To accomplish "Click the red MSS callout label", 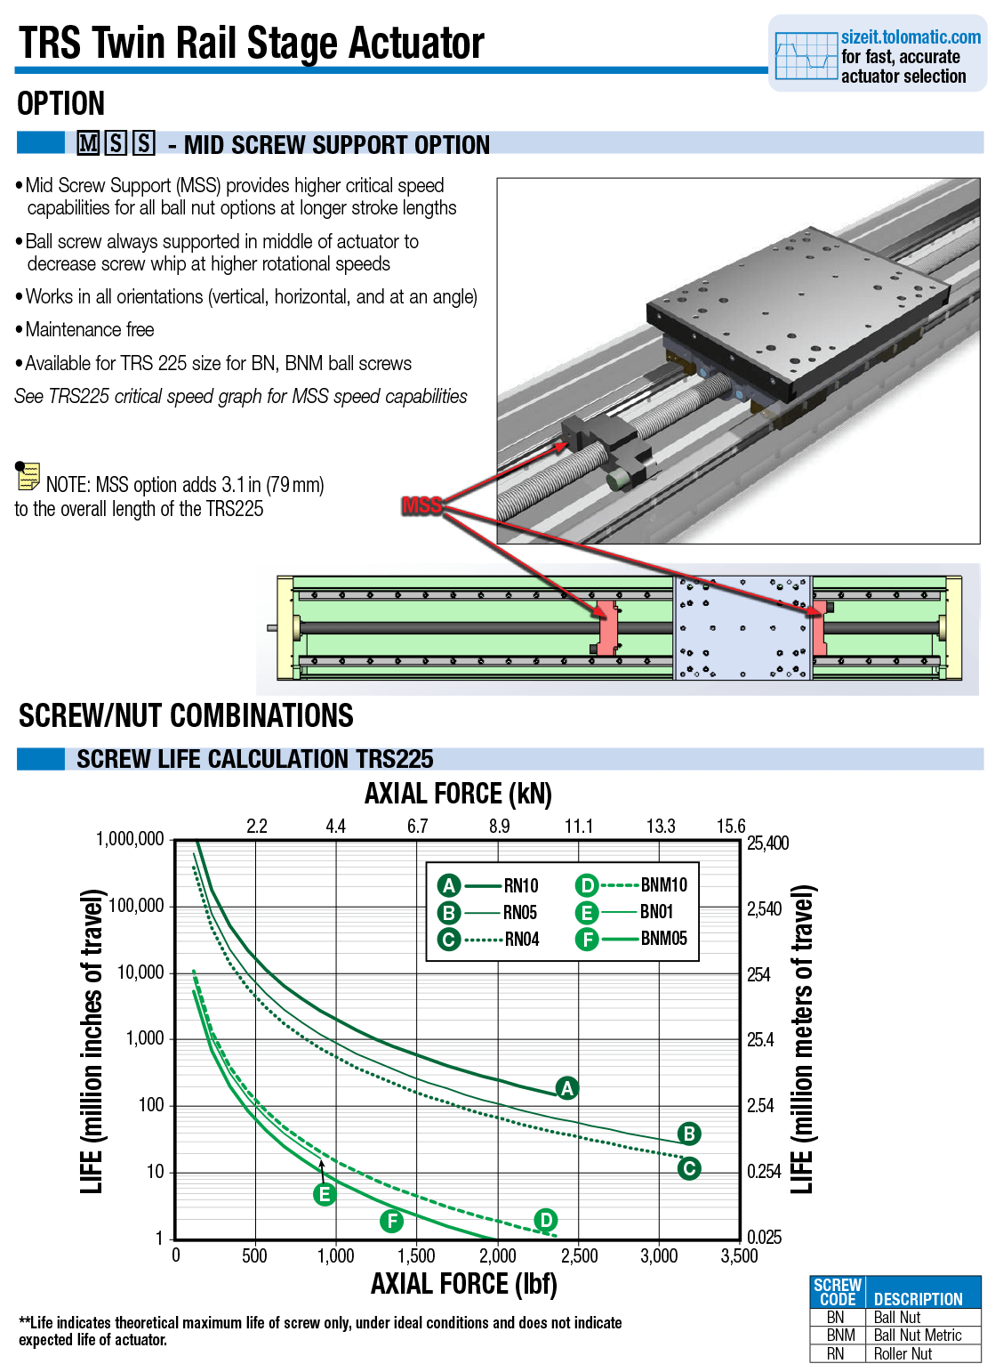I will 421,505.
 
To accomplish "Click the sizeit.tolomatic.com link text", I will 911,37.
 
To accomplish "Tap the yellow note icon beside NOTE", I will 28,476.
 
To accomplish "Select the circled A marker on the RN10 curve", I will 566,1087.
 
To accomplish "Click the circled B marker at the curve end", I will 689,1134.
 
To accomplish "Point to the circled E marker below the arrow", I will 325,1194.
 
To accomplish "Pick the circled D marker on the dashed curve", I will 545,1220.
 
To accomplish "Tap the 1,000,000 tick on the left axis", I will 130,839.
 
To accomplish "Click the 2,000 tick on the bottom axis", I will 497,1255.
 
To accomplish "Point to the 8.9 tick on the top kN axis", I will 499,827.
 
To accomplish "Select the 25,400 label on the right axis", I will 767,843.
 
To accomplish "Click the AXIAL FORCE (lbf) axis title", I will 463,1284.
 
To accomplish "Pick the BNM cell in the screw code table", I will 839,1335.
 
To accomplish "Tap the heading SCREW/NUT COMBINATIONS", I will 186,716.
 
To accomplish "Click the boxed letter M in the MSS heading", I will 88,143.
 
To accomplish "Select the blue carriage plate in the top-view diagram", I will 742,628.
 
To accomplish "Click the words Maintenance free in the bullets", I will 90,330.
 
